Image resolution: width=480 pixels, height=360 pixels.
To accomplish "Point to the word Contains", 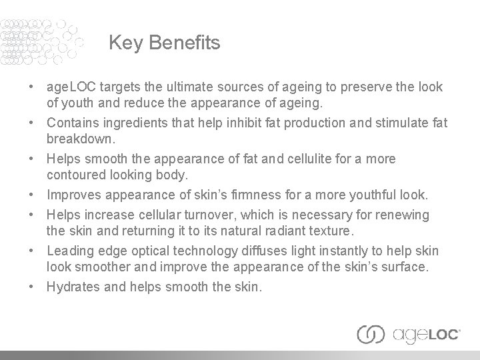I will (74, 123).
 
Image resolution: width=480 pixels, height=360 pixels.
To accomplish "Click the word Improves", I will (75, 195).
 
